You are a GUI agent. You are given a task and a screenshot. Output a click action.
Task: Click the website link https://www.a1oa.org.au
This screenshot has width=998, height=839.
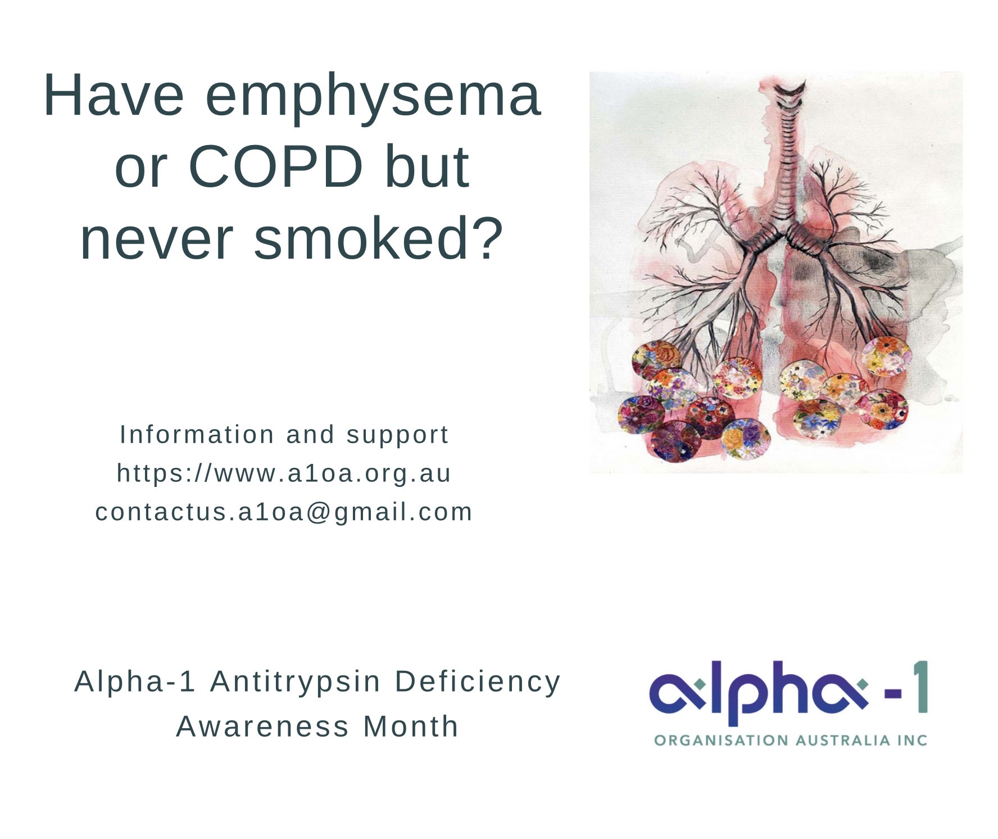tap(284, 473)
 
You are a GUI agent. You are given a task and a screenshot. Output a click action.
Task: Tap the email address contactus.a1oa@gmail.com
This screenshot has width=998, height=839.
tap(284, 512)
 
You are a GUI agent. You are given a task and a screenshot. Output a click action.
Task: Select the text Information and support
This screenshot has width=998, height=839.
tap(284, 435)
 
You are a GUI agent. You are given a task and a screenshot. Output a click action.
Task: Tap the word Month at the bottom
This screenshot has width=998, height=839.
tap(411, 726)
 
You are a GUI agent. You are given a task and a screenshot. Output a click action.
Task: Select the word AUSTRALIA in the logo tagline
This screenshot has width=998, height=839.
tap(842, 741)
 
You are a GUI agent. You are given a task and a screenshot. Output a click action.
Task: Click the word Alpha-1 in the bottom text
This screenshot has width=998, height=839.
tap(135, 682)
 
